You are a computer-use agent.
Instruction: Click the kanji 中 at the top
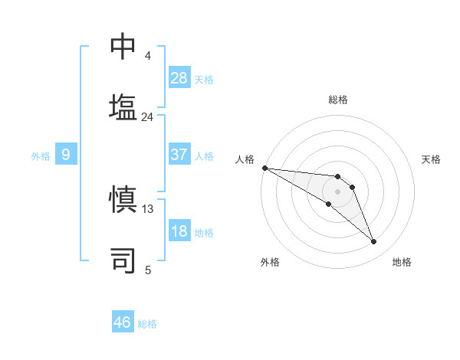click(x=123, y=47)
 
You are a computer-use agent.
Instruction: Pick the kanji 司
click(x=123, y=259)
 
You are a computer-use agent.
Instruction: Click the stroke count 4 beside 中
click(x=147, y=56)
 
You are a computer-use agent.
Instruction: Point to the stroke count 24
click(x=147, y=117)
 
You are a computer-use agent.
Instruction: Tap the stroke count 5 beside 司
click(x=148, y=270)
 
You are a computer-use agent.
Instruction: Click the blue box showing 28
click(x=179, y=78)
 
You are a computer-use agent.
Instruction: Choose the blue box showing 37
click(x=179, y=155)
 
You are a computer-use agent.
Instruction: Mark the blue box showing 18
click(x=179, y=231)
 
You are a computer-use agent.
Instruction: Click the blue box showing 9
click(x=66, y=155)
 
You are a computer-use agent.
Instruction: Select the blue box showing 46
click(x=123, y=322)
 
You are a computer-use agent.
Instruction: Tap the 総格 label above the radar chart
click(x=338, y=100)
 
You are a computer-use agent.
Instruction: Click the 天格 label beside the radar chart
click(x=431, y=159)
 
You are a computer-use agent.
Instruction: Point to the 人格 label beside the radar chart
click(x=245, y=159)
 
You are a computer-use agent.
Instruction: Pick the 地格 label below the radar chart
click(x=402, y=262)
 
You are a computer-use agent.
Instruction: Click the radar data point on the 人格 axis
click(x=264, y=168)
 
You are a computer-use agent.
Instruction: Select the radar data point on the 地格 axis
click(x=374, y=242)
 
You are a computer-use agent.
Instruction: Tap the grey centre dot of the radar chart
click(x=338, y=191)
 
